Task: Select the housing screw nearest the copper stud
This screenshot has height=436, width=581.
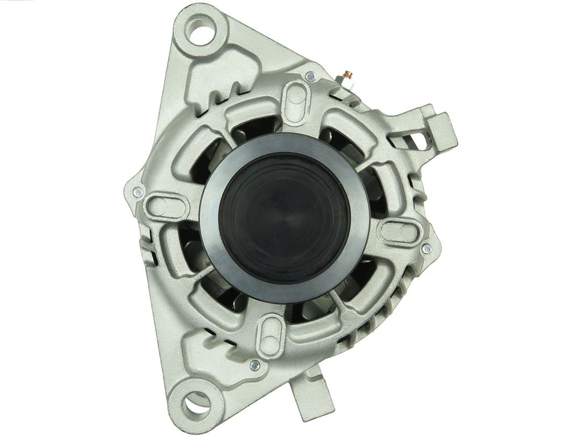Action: coord(310,76)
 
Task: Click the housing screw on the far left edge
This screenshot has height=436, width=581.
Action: coord(138,191)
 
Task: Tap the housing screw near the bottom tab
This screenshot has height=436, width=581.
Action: coord(255,365)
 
